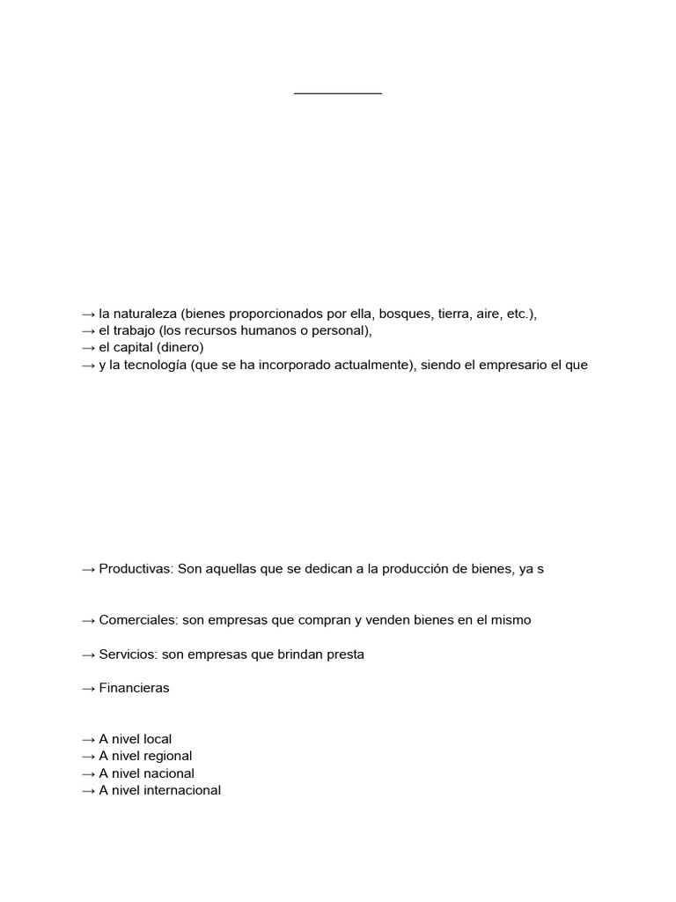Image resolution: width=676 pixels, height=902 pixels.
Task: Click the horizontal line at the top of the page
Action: [x=338, y=92]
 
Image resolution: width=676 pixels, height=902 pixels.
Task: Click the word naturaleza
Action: [x=145, y=314]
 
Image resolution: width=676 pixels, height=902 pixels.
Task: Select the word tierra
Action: [x=452, y=314]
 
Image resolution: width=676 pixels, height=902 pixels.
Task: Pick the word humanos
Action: [x=282, y=331]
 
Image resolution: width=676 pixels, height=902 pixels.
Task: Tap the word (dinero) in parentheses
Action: [x=180, y=348]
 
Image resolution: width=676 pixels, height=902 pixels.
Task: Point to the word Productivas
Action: [x=136, y=569]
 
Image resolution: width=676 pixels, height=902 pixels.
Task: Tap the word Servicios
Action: [x=129, y=654]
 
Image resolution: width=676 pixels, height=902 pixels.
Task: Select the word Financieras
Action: [x=134, y=688]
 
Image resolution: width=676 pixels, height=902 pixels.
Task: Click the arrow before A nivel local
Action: [x=88, y=739]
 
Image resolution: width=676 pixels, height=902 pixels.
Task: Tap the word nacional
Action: [x=168, y=773]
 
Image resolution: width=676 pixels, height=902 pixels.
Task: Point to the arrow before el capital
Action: [x=88, y=348]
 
